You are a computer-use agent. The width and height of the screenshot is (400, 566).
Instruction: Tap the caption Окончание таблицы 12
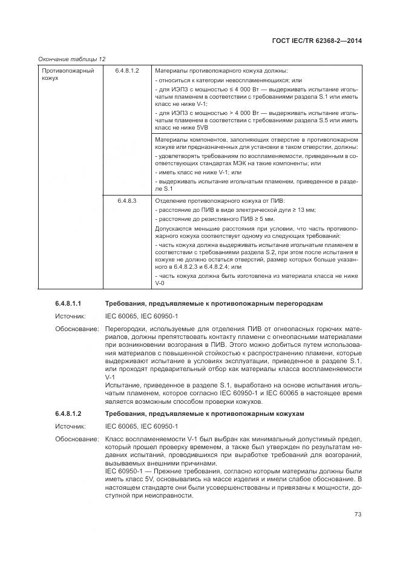(72, 59)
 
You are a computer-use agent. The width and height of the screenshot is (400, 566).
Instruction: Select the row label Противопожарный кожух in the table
(59, 75)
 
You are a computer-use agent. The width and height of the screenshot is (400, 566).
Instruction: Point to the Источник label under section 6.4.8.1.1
(70, 316)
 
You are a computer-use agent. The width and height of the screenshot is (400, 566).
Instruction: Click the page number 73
(358, 515)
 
